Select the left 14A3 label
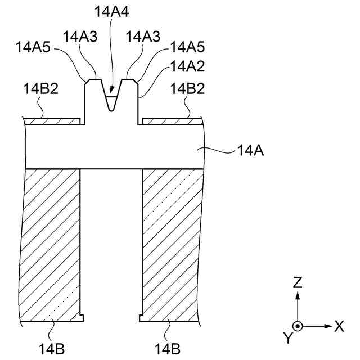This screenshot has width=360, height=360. tap(80, 37)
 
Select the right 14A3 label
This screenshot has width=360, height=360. tap(143, 37)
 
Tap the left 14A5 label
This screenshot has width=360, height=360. tap(33, 48)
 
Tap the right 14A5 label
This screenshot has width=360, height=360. tap(187, 48)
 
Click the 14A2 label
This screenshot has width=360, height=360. tap(187, 67)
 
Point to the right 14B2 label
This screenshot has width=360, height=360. tap(188, 88)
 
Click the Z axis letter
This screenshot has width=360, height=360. tap(298, 282)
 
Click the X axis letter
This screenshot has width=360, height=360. tap(339, 326)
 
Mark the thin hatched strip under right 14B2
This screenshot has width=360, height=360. tap(171, 120)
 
